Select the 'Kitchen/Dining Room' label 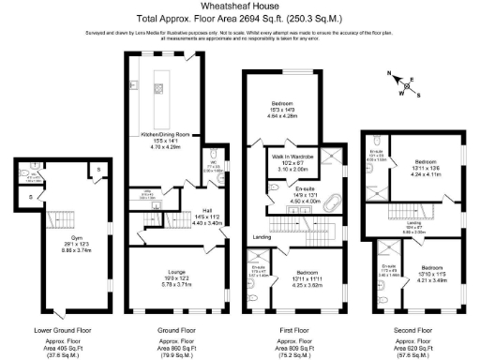coord(165,134)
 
